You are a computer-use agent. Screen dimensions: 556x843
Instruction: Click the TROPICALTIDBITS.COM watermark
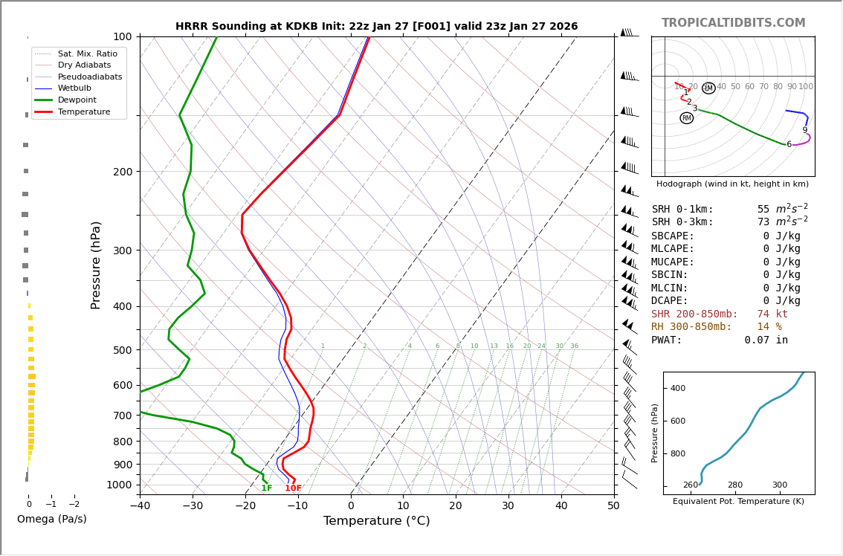733,23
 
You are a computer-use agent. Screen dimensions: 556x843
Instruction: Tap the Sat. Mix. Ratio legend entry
87,54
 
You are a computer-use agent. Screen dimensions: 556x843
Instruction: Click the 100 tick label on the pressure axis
122,36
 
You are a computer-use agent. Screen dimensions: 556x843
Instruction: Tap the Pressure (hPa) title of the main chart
96,265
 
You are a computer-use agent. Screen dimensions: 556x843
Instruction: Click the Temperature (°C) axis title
376,521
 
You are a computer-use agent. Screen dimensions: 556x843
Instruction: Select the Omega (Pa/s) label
51,519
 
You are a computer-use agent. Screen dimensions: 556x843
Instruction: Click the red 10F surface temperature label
293,488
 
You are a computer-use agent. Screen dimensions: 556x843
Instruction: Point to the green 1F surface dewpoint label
266,488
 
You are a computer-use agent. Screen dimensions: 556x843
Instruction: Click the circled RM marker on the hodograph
686,118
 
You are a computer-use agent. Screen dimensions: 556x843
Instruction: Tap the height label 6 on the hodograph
789,144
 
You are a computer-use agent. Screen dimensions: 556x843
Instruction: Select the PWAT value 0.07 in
766,340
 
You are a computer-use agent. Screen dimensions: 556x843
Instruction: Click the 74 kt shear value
772,314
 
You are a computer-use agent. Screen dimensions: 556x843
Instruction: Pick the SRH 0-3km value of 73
763,222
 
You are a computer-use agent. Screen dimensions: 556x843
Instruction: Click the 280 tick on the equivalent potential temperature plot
734,485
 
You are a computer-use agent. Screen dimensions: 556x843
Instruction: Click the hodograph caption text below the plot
732,184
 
